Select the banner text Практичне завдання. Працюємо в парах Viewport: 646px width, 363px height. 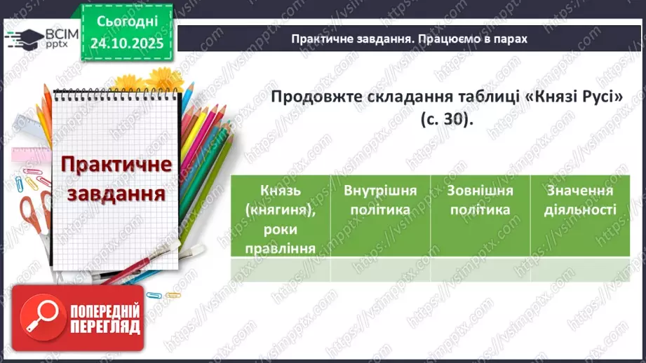[409, 39]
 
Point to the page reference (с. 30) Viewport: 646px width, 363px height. [447, 120]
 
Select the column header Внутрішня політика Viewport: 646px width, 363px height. [380, 200]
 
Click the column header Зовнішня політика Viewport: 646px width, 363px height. [480, 200]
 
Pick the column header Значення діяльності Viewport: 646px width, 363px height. [581, 200]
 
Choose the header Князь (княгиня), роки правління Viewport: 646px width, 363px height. [280, 218]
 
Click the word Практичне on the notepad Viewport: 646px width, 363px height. [116, 166]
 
